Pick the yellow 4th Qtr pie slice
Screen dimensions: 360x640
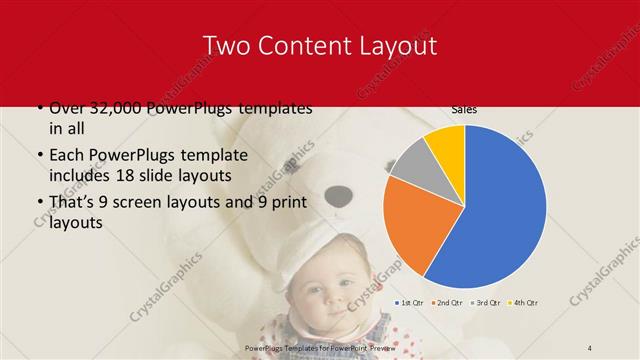pyautogui.click(x=446, y=146)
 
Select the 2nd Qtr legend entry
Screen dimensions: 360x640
pyautogui.click(x=447, y=302)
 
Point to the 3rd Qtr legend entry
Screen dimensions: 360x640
pyautogui.click(x=486, y=302)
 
